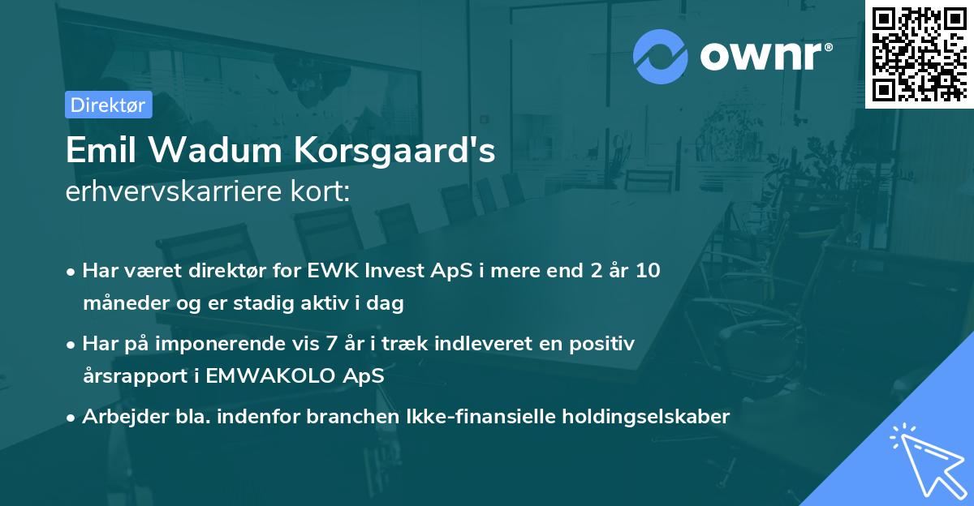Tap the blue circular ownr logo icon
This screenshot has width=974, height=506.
tap(660, 56)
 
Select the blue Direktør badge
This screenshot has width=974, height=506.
tap(108, 105)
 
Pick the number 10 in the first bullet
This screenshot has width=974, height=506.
tap(647, 271)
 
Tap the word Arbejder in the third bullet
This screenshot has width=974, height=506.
tap(116, 417)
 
